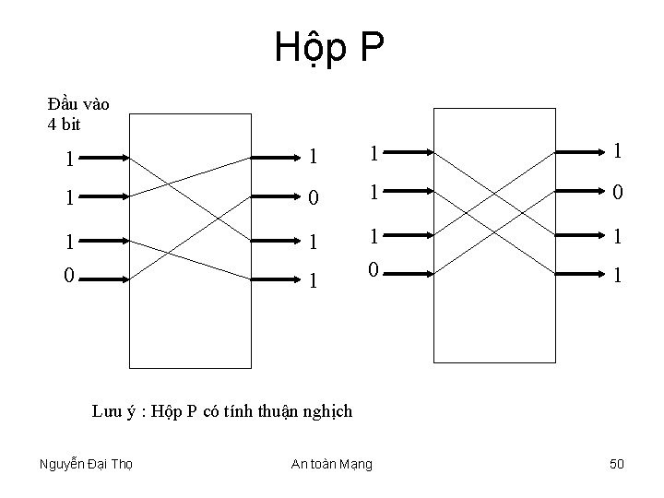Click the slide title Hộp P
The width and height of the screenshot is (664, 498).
tap(329, 48)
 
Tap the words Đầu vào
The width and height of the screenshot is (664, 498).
tap(78, 104)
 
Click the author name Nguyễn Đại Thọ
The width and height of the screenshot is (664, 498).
tap(86, 464)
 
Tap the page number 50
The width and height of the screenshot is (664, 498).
tap(617, 464)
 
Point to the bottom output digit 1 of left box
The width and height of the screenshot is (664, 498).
tap(314, 277)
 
